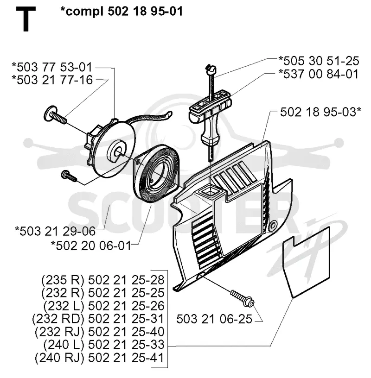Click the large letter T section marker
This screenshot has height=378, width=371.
click(26, 19)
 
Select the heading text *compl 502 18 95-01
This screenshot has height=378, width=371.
click(122, 11)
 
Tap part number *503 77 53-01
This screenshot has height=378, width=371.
click(52, 67)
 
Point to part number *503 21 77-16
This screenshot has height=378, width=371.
click(52, 80)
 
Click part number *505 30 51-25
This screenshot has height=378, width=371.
click(319, 61)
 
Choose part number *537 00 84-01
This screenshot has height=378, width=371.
click(319, 74)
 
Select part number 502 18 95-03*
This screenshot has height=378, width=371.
click(320, 113)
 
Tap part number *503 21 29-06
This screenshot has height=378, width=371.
click(55, 231)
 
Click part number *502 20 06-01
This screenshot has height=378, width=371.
click(91, 246)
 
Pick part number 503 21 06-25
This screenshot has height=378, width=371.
click(214, 319)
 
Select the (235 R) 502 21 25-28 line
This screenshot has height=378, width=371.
click(103, 280)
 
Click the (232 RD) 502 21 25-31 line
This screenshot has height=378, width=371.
click(98, 319)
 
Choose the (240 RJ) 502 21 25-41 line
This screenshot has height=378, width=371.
click(100, 358)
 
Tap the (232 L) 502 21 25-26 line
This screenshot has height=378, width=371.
click(104, 306)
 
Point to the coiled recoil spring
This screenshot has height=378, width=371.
click(156, 176)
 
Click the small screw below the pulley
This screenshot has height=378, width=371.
click(69, 176)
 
